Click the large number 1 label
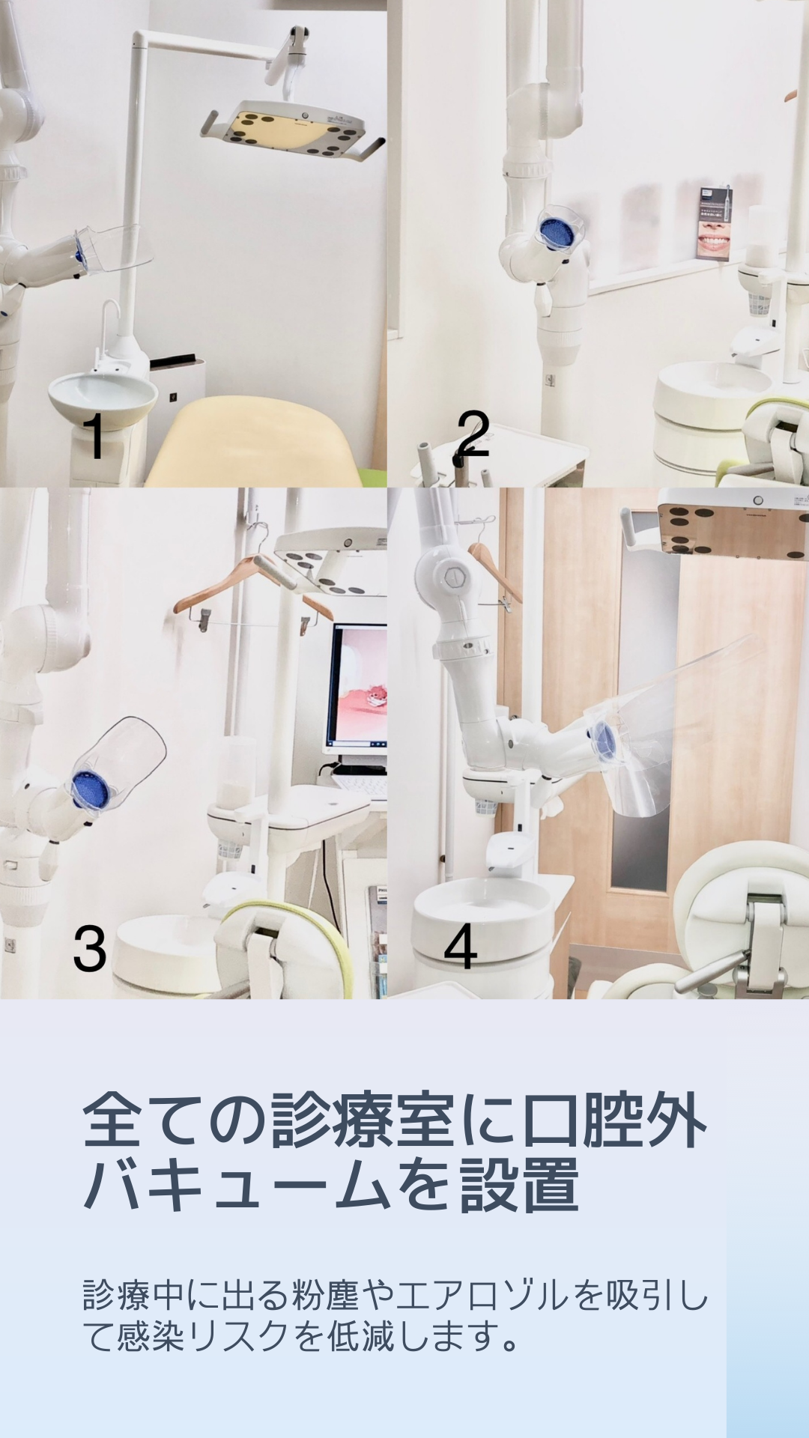94,435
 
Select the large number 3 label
90,948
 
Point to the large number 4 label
460,946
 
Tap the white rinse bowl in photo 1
103,395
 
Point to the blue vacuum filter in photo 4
602,739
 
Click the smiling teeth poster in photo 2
715,222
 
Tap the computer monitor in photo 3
358,688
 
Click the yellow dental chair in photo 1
258,442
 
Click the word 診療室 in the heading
363,1121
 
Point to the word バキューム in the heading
237,1186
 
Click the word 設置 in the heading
519,1186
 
